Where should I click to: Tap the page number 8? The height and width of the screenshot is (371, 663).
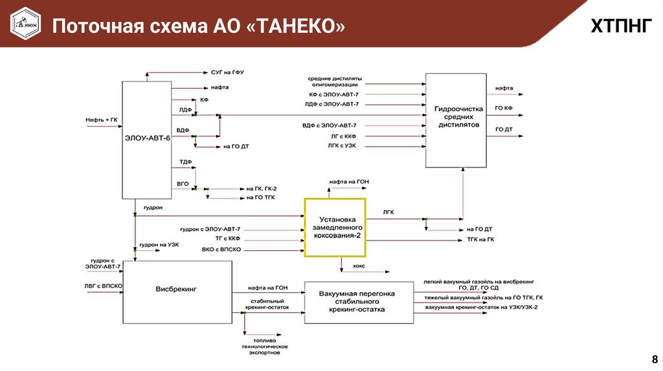[x=653, y=359]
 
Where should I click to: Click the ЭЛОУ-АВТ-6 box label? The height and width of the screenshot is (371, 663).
[x=147, y=136]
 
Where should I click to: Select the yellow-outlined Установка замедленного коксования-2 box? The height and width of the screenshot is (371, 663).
[x=334, y=228]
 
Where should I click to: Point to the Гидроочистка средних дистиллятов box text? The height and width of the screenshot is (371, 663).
[x=456, y=118]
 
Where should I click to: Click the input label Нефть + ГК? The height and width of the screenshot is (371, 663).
[x=102, y=120]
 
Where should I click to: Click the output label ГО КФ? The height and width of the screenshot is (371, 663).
[x=504, y=109]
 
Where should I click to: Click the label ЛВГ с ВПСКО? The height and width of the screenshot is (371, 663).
[x=103, y=285]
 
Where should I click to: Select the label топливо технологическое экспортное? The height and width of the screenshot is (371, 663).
[x=262, y=346]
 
